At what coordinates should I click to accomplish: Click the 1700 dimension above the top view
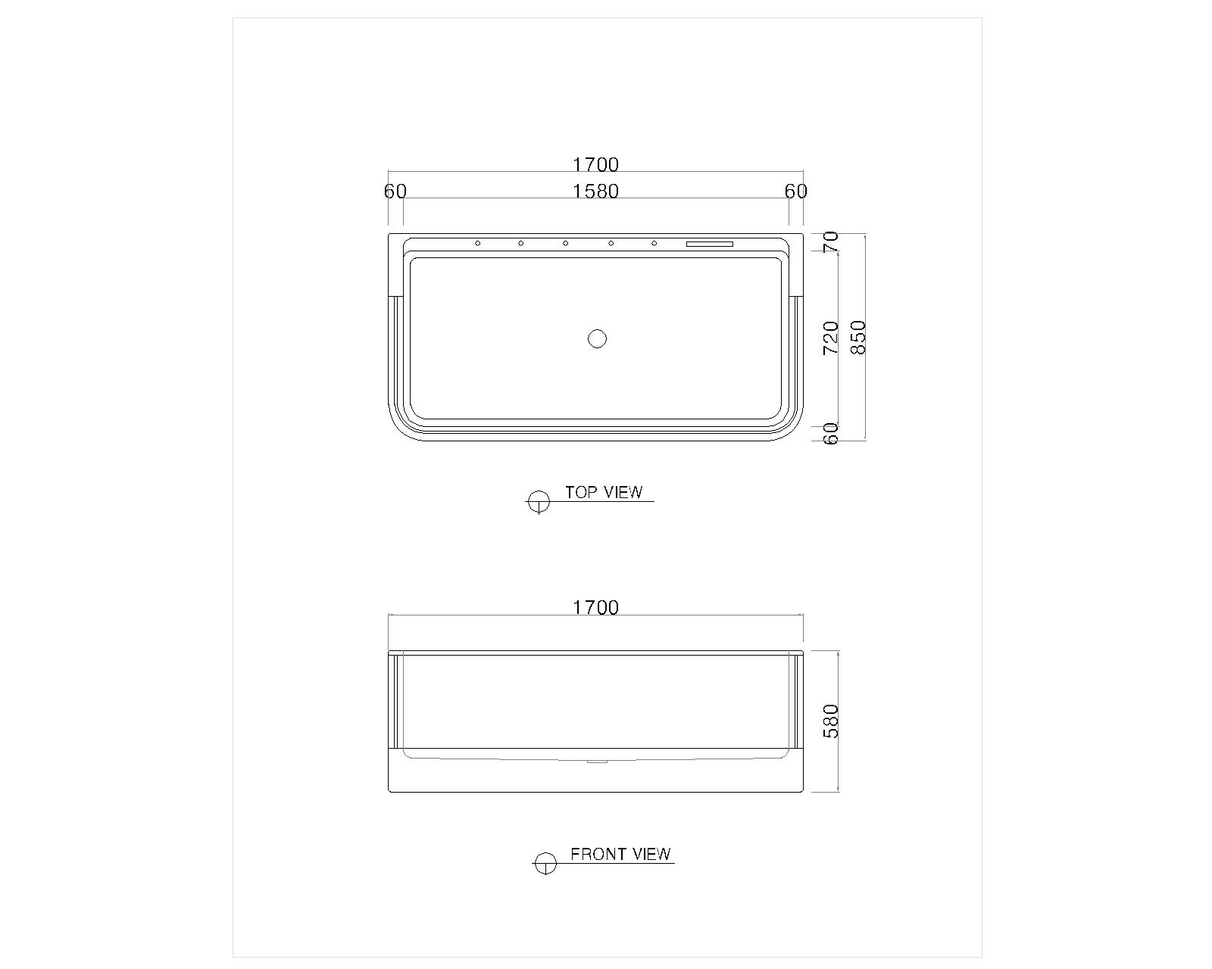coord(595,164)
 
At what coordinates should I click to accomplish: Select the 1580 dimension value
coord(595,192)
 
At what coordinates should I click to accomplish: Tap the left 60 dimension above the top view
coord(395,192)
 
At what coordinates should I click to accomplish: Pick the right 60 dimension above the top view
coord(796,192)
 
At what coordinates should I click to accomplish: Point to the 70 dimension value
coord(831,242)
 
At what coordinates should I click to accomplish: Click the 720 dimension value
coord(831,338)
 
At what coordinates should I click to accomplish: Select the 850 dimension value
coord(857,338)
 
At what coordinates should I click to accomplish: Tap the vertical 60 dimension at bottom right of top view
coord(831,434)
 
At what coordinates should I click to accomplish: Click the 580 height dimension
coord(831,721)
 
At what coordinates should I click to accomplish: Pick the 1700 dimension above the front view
coord(595,608)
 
